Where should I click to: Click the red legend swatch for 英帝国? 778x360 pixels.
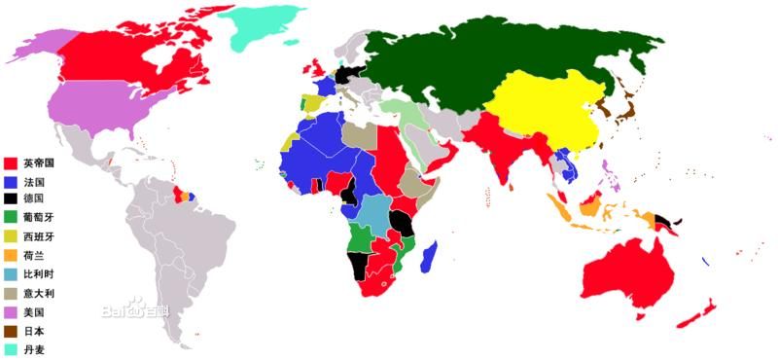click(11, 163)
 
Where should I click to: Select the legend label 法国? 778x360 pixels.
click(35, 182)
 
